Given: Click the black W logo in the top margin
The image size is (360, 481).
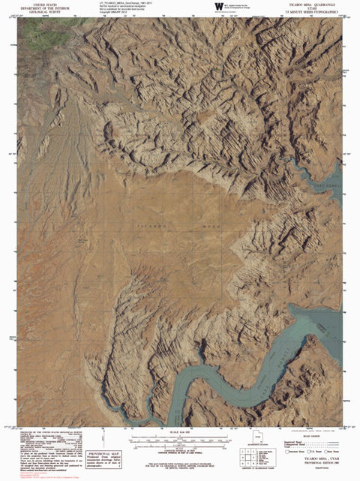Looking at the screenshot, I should pyautogui.click(x=218, y=6).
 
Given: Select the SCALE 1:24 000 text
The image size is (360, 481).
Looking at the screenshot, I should pyautogui.click(x=180, y=431).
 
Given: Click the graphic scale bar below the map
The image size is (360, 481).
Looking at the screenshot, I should pyautogui.click(x=180, y=437).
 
